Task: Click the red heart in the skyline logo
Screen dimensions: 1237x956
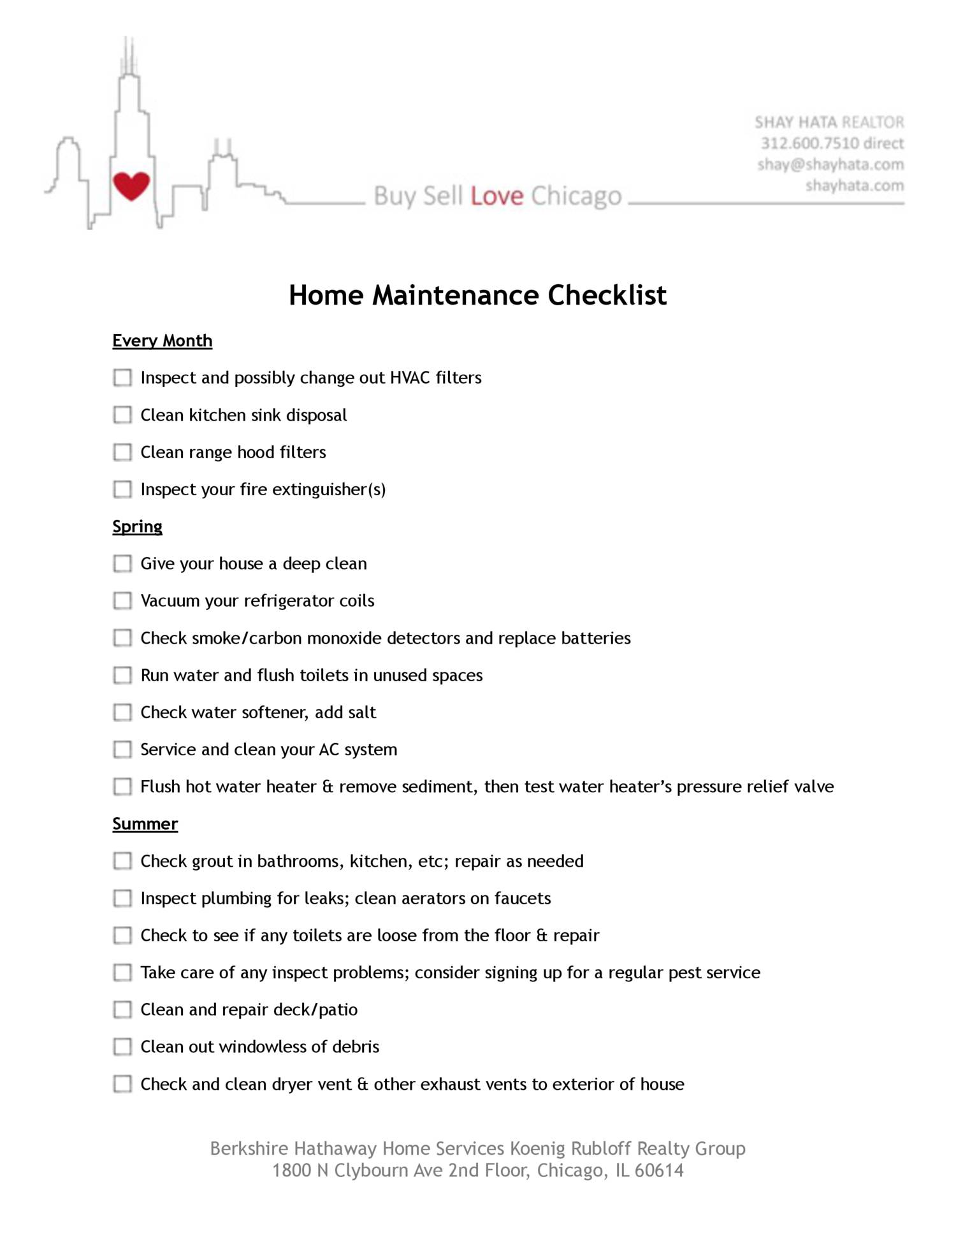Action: coord(131,185)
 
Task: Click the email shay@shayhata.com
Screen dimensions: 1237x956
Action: coord(830,164)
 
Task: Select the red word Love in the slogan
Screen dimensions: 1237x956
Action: coord(496,196)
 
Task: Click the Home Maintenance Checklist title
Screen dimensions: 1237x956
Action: coord(477,295)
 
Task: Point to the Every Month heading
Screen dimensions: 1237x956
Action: coord(162,340)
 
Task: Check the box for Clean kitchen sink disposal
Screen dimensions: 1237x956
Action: coord(122,415)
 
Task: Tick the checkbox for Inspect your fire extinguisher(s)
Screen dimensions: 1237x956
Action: coord(122,489)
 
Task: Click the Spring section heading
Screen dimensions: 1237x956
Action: coord(137,526)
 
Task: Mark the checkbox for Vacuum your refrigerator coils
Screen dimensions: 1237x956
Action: coord(122,601)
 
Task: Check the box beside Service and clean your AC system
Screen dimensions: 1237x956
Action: coord(122,749)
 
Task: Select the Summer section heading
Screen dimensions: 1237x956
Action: coord(145,823)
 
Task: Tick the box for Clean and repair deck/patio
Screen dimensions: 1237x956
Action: coord(122,1009)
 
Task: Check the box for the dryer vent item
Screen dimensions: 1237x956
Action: coord(122,1084)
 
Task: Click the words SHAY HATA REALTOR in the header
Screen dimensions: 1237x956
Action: coord(829,122)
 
